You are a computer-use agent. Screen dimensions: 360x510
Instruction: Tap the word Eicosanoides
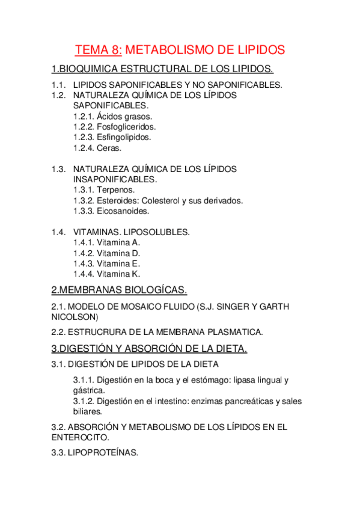pyautogui.click(x=123, y=211)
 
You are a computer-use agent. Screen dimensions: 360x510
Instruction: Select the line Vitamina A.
pyautogui.click(x=106, y=242)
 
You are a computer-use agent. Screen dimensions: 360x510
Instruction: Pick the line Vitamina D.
pyautogui.click(x=106, y=253)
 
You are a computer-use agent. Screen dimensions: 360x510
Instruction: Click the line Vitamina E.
pyautogui.click(x=106, y=263)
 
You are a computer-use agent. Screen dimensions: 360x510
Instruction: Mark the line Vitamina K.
pyautogui.click(x=106, y=274)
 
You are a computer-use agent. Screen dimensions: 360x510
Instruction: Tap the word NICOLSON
pyautogui.click(x=75, y=317)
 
